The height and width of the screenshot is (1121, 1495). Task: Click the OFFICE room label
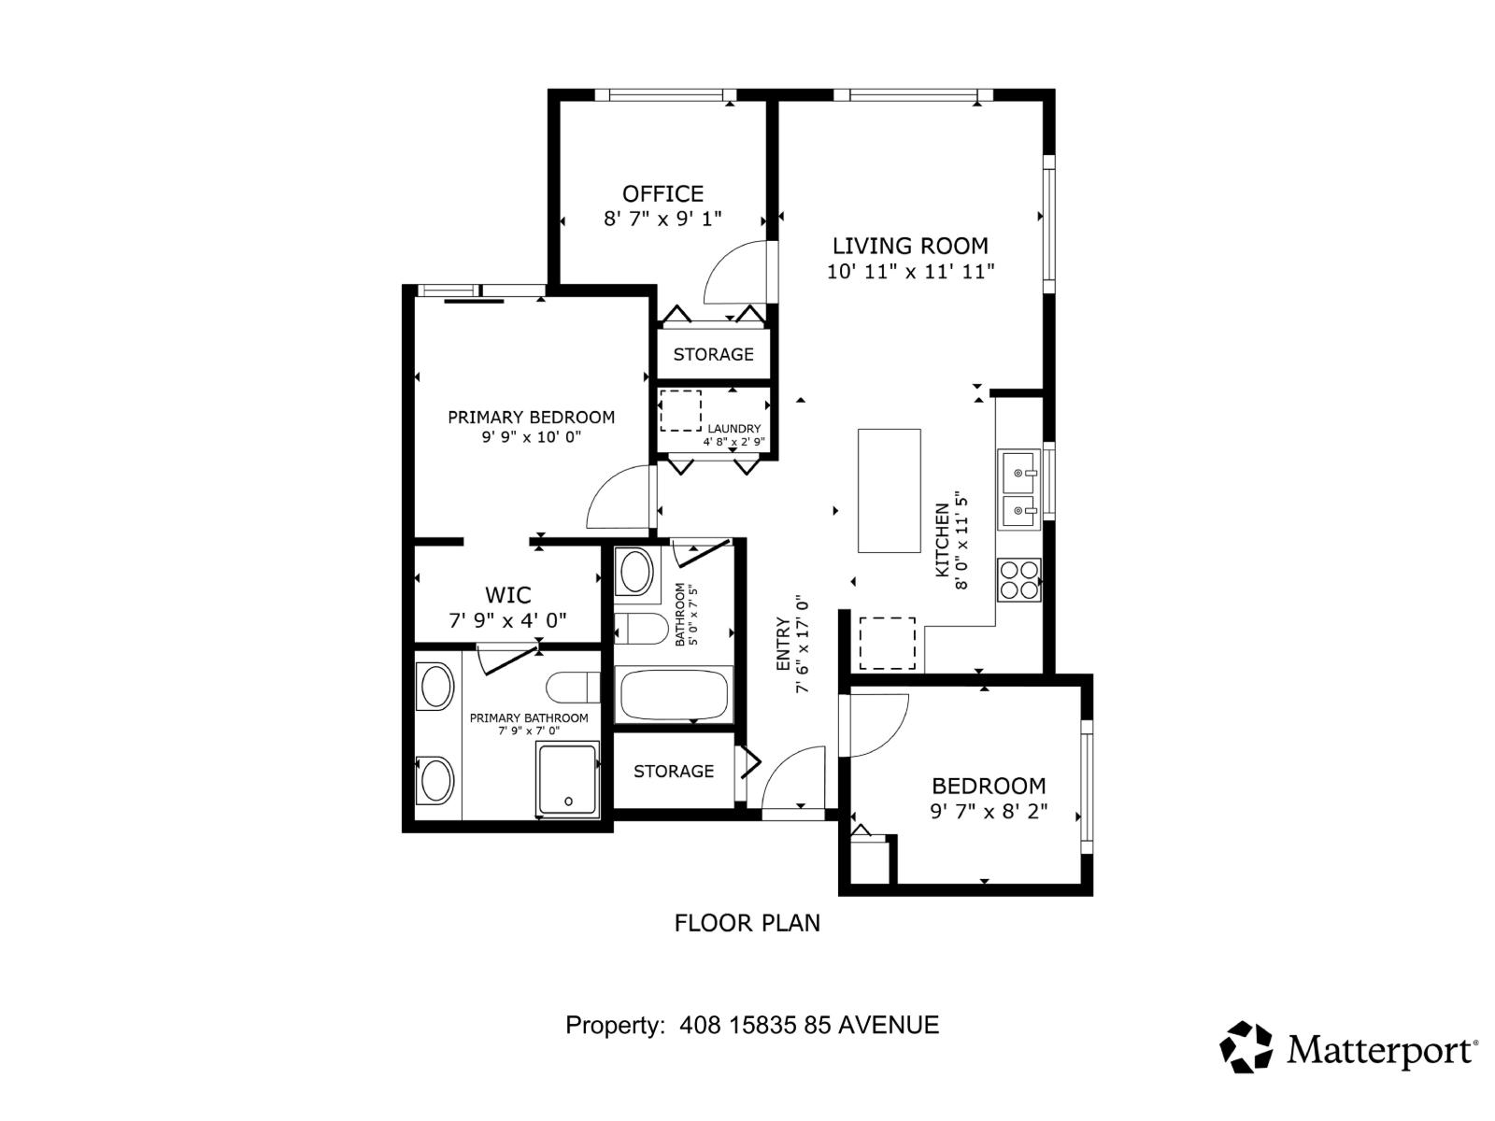point(662,193)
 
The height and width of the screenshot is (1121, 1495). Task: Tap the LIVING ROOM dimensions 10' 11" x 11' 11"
point(910,272)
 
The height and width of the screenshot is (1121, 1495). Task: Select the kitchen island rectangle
point(889,490)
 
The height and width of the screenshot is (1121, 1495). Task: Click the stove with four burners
point(1018,579)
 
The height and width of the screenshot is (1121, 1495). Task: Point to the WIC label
point(507,595)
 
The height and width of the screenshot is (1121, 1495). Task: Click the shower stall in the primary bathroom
point(567,779)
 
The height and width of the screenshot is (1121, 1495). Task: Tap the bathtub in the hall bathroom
point(674,695)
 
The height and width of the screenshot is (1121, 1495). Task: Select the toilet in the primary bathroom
point(572,688)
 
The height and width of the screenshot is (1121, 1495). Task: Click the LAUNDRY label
point(733,429)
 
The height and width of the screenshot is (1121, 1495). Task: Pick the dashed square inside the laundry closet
point(680,411)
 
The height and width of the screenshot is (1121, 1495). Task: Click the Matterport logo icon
point(1246,1046)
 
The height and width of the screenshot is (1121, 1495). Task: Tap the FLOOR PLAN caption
point(747,923)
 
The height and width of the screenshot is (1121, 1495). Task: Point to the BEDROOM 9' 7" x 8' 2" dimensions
point(989,812)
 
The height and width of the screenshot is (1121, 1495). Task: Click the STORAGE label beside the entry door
point(673,771)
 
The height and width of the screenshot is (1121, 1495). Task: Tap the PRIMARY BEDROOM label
point(531,418)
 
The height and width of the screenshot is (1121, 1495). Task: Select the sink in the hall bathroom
point(636,572)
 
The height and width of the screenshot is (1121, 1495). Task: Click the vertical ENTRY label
point(783,645)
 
